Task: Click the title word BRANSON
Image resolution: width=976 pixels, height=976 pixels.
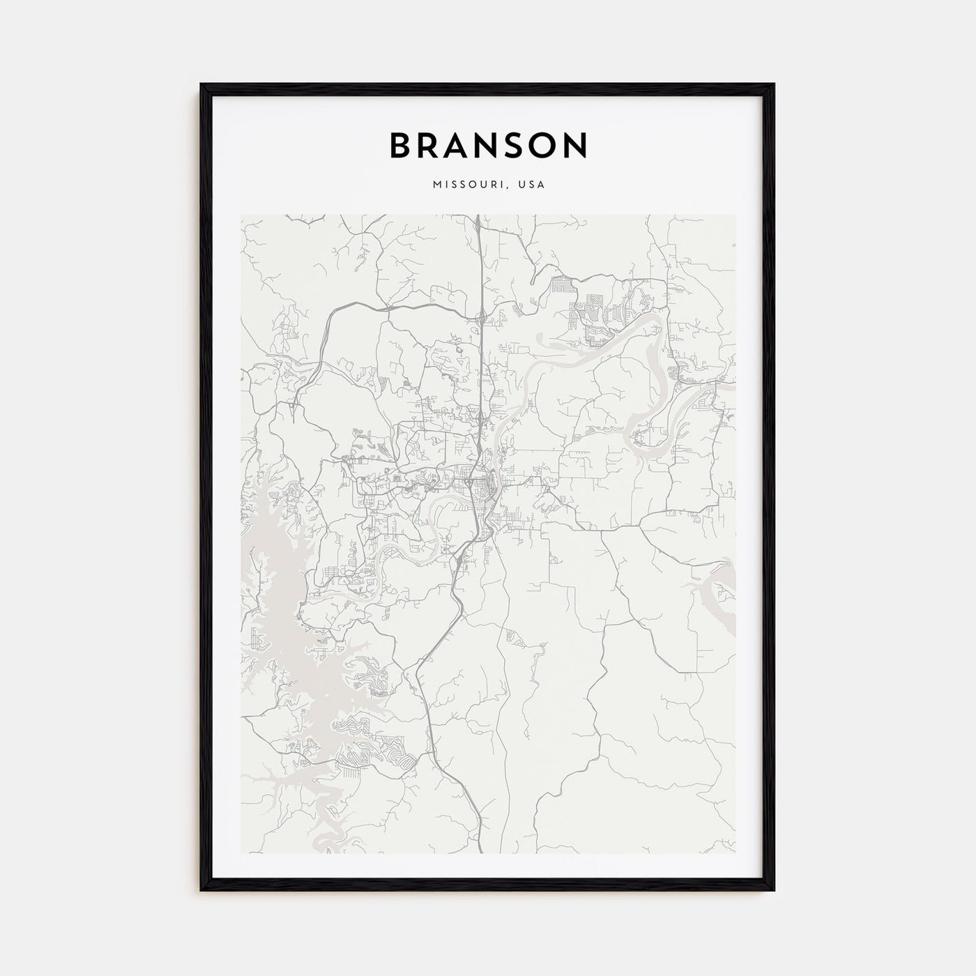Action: (x=488, y=146)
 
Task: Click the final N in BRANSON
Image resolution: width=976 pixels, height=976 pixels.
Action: (x=576, y=146)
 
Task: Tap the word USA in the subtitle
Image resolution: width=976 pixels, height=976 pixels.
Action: (x=532, y=185)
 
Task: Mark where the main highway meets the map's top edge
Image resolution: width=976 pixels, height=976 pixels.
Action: (x=478, y=216)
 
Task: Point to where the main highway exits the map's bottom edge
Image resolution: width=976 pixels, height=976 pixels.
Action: (x=480, y=852)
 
